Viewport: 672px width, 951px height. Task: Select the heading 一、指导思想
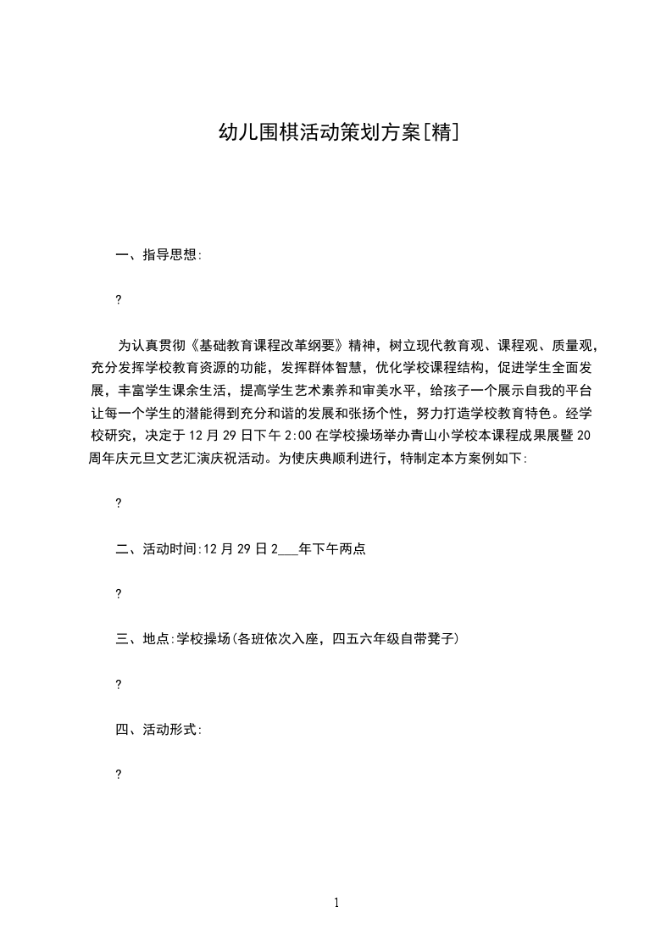point(158,254)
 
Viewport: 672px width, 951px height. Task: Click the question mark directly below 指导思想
point(118,299)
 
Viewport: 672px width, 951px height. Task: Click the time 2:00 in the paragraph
point(298,437)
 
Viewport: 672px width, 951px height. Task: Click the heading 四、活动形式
point(158,729)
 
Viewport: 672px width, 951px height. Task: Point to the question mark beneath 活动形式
point(118,774)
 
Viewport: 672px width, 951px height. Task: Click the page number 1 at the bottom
point(336,903)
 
